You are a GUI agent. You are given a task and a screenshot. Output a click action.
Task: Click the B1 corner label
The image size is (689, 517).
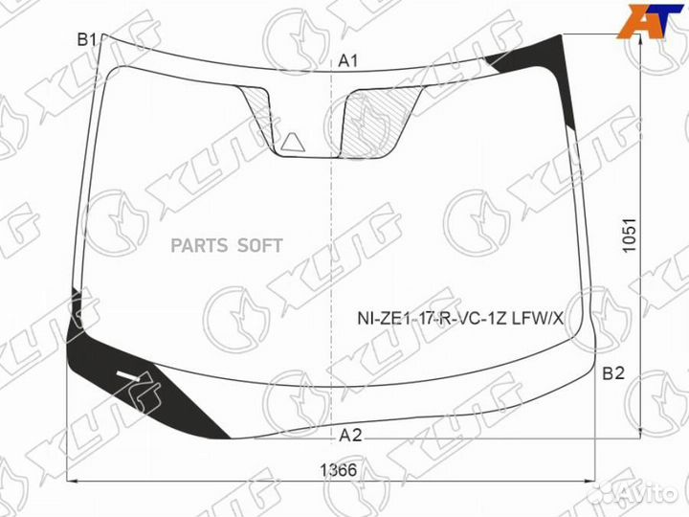[x=87, y=40]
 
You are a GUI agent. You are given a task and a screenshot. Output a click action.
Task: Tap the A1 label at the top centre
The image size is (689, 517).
[x=348, y=61]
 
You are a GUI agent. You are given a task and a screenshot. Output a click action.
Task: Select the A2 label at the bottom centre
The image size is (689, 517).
[x=350, y=436]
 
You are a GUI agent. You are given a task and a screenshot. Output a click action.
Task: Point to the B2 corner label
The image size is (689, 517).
[x=613, y=373]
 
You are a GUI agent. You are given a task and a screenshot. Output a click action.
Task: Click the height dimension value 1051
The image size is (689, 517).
[x=630, y=236]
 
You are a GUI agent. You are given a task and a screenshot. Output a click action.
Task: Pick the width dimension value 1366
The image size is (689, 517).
[x=339, y=470]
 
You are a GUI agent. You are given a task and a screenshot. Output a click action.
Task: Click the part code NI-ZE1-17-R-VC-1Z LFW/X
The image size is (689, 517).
[x=460, y=318]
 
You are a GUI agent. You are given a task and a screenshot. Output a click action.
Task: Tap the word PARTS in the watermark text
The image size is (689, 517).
[x=199, y=246]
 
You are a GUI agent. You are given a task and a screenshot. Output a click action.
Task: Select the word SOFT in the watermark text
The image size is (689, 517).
[x=259, y=246]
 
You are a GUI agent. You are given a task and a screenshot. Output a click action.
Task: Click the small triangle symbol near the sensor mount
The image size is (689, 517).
[x=292, y=144]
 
